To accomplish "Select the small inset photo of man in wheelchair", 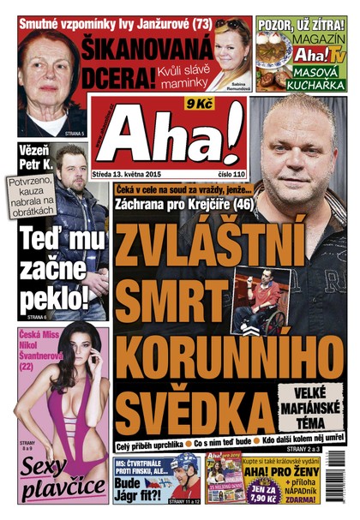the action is pyautogui.click(x=257, y=300).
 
